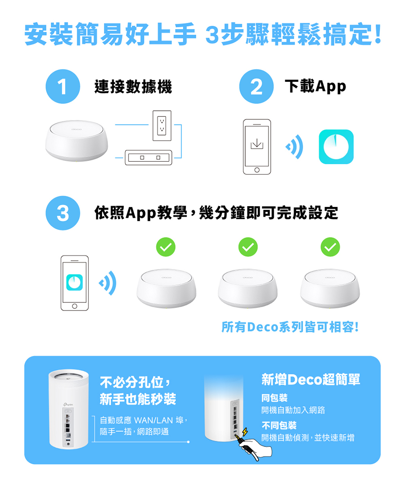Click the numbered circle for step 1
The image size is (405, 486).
(x=63, y=87)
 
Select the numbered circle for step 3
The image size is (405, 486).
(x=63, y=213)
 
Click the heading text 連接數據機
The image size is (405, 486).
(x=133, y=86)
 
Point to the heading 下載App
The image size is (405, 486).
(x=315, y=86)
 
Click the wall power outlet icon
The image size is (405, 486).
(x=162, y=123)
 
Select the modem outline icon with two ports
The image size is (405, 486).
(x=149, y=157)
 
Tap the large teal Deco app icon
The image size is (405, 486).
(x=336, y=147)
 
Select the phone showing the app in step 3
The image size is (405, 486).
(x=75, y=283)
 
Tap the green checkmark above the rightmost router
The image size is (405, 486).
(x=330, y=247)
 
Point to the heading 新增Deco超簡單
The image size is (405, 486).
(x=310, y=380)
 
